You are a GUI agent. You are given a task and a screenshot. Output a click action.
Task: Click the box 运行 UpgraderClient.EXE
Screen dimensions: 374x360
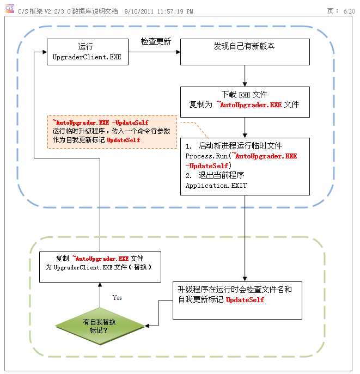pos(87,52)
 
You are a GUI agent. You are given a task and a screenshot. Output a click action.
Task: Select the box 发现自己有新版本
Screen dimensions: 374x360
pos(245,52)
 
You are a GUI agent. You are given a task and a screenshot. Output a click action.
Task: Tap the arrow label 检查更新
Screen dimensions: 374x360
pos(156,41)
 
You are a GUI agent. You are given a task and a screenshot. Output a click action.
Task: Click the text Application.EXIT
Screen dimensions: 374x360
pos(216,186)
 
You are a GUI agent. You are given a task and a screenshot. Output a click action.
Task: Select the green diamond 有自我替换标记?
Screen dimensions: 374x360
pos(100,326)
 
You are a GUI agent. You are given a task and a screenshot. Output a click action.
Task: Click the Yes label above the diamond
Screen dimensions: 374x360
pos(117,298)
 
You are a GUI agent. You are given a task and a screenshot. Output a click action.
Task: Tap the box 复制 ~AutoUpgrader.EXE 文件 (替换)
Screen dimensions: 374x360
pos(99,266)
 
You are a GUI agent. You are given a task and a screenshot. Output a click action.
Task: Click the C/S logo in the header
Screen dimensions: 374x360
pos(9,9)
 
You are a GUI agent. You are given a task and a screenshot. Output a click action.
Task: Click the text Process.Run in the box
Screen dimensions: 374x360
pos(203,156)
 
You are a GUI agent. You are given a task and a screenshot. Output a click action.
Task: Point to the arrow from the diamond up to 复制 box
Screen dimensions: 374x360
pos(100,295)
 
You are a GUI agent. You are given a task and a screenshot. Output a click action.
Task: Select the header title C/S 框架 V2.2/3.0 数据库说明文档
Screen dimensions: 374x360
pos(68,11)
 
